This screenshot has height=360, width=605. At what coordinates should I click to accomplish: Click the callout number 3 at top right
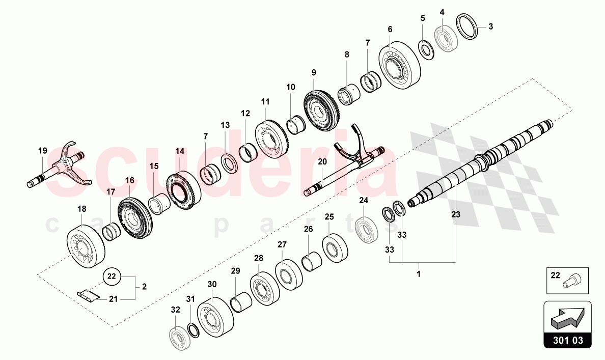click(x=491, y=27)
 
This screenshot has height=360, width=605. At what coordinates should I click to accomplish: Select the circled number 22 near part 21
click(x=113, y=276)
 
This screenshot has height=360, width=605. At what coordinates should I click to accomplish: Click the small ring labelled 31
click(x=194, y=329)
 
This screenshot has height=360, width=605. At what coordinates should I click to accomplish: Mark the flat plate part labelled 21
click(x=89, y=295)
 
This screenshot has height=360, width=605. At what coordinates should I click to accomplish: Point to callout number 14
click(x=180, y=151)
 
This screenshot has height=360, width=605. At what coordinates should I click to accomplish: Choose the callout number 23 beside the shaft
click(x=455, y=215)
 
